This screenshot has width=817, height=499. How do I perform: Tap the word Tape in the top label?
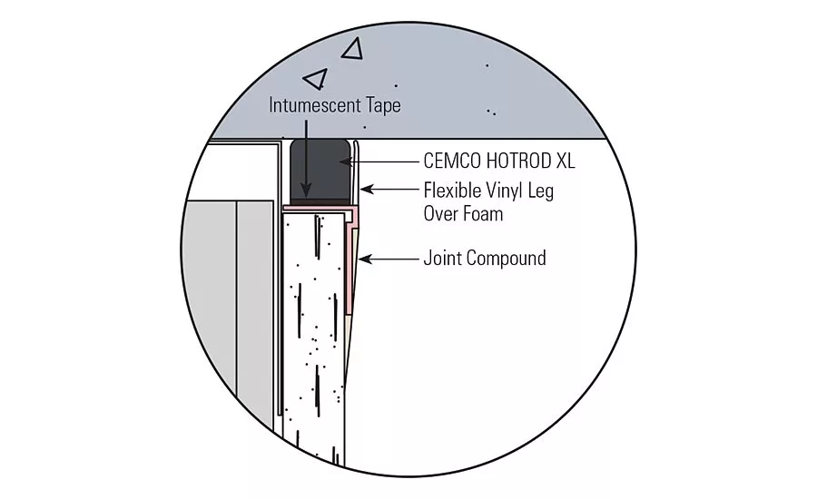coord(385,106)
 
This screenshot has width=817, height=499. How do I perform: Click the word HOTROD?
coord(518,161)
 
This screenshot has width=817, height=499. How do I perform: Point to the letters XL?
coord(566,161)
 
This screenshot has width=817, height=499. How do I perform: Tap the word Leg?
coord(541,191)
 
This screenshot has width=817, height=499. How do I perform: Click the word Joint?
coord(438,258)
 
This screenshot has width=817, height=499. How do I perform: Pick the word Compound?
coord(501,259)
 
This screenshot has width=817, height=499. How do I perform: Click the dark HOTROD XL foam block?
coord(320,169)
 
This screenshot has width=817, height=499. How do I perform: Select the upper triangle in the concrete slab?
coord(352,49)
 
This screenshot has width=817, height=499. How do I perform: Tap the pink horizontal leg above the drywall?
coord(319,208)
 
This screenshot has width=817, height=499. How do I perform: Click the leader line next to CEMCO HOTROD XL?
coord(379,162)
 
